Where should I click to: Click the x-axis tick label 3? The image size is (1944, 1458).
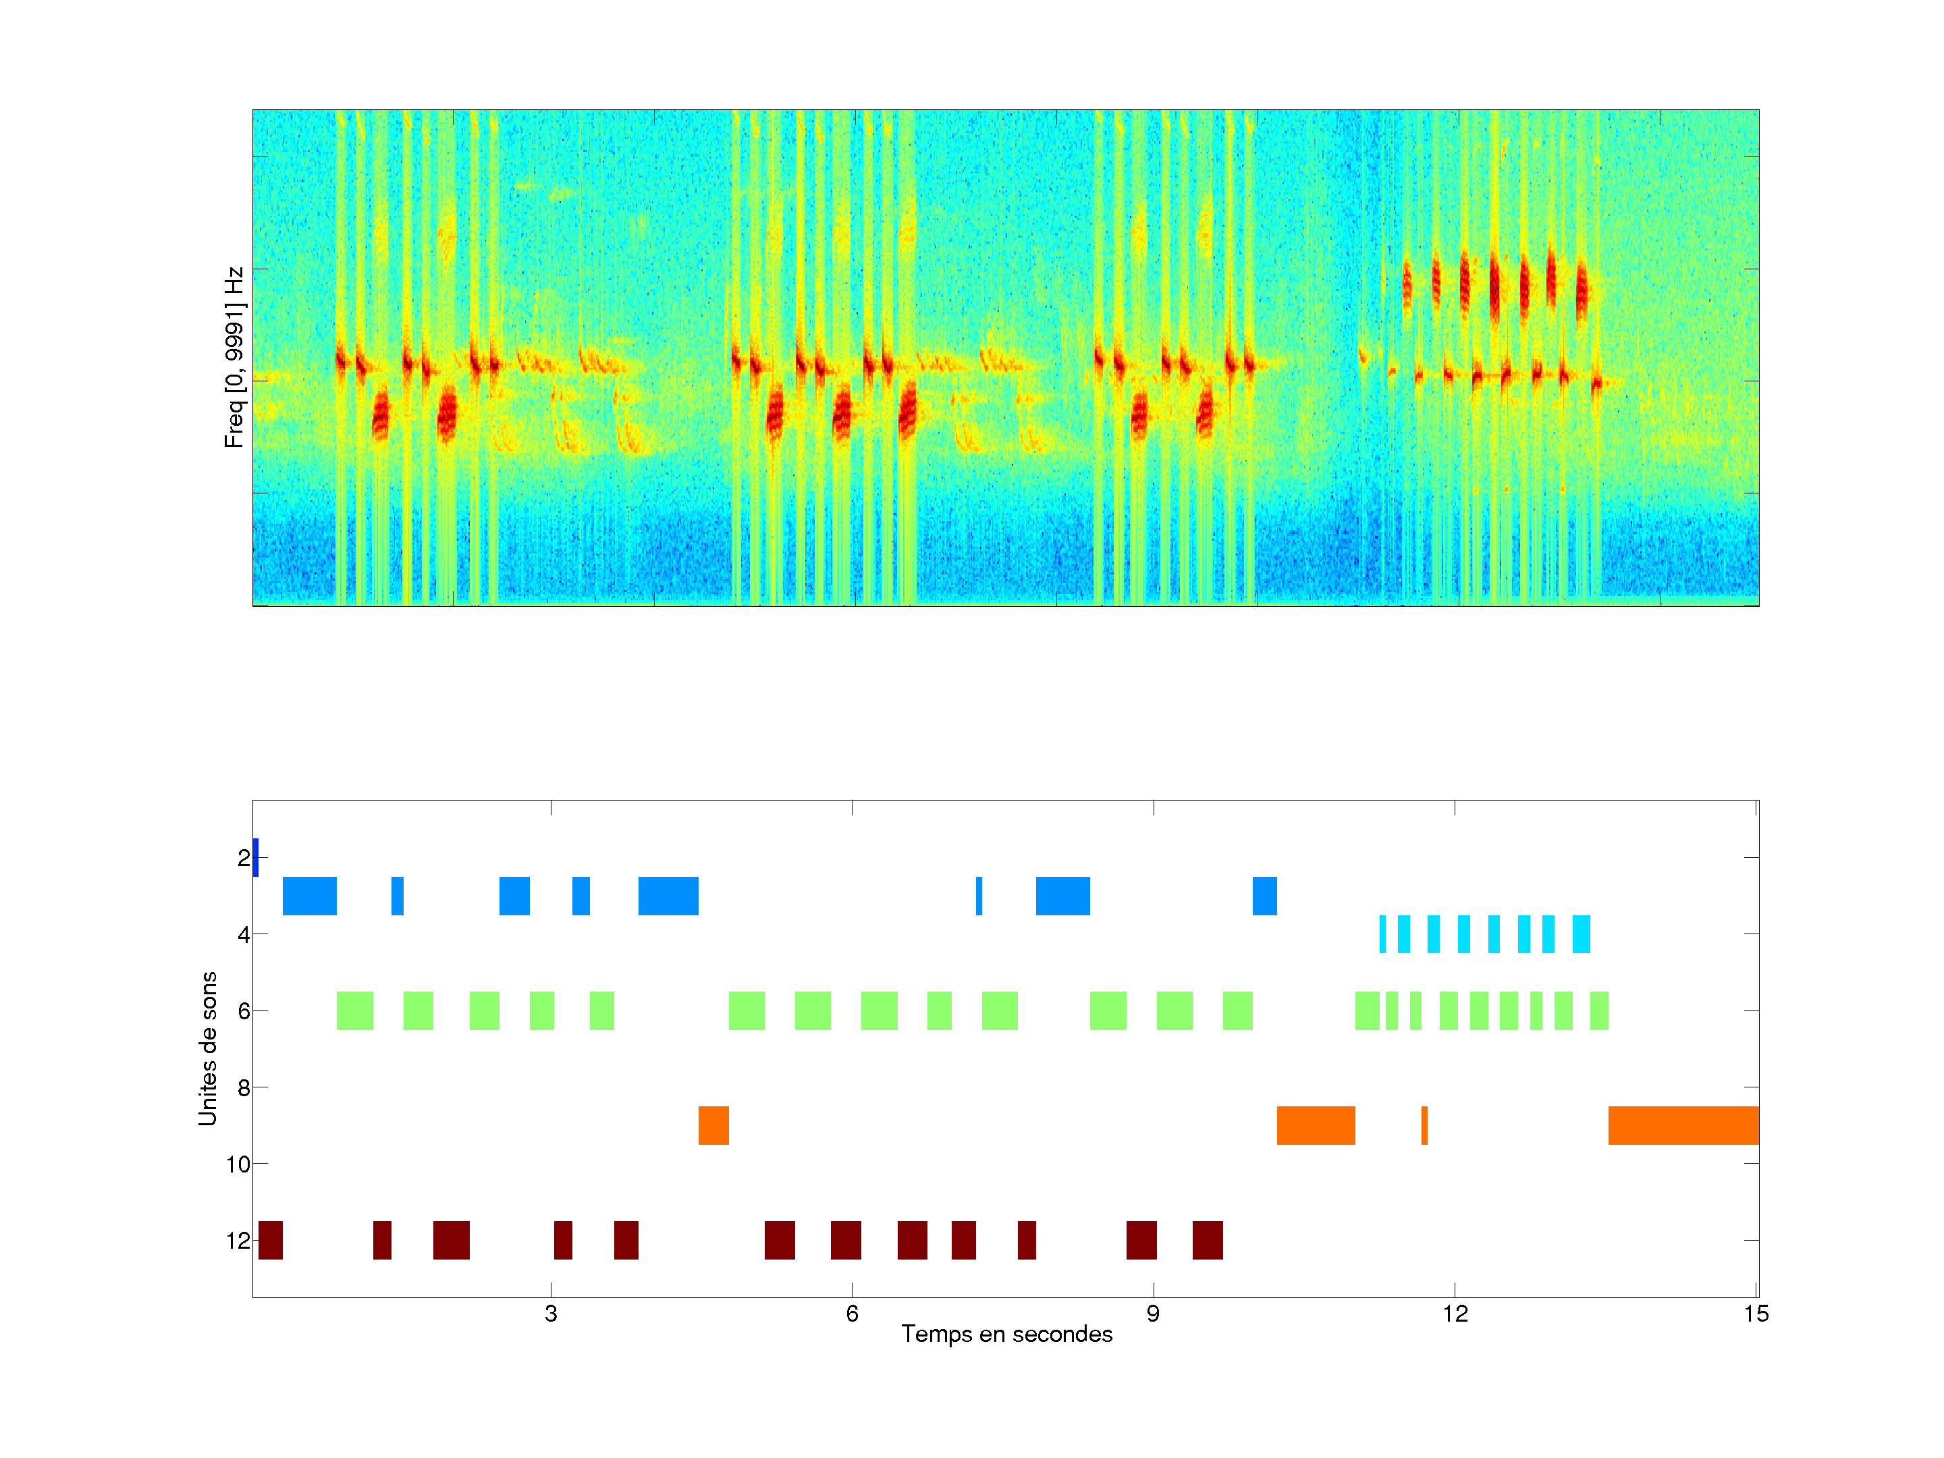[x=551, y=1314]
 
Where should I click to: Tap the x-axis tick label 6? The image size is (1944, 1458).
[x=852, y=1314]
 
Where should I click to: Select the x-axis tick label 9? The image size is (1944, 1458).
[x=1153, y=1314]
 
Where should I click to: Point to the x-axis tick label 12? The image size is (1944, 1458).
[x=1455, y=1314]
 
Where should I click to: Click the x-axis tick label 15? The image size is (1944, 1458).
[x=1756, y=1314]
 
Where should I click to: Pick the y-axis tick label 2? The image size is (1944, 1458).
[x=244, y=858]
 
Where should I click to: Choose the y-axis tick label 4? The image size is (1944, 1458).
[x=244, y=934]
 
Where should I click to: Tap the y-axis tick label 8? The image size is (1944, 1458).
[x=244, y=1088]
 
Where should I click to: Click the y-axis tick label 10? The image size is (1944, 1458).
[x=238, y=1164]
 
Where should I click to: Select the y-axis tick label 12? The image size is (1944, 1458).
[x=238, y=1241]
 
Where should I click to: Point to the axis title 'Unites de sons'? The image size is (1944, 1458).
[x=207, y=1048]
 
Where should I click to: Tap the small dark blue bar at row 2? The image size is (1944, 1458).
[x=256, y=858]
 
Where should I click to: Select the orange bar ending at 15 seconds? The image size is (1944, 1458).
[x=1683, y=1126]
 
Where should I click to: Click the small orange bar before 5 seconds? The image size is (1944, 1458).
[x=713, y=1126]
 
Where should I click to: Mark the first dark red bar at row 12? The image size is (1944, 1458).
[x=271, y=1240]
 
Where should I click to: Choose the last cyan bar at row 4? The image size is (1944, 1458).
[x=1581, y=934]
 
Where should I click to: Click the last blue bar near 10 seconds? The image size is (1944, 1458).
[x=1265, y=896]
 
